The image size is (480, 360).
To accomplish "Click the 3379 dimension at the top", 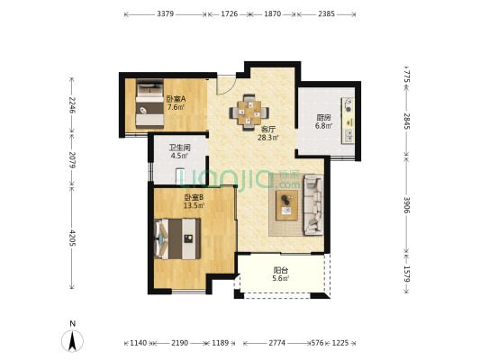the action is point(166,13).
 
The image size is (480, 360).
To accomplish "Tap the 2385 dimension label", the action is point(326,13).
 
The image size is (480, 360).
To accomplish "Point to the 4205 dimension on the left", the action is point(72,238).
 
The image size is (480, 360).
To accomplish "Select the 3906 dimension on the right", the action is point(406,204).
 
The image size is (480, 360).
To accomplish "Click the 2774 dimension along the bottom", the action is point(277,343).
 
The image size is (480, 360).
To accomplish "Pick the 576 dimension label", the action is point(317,343).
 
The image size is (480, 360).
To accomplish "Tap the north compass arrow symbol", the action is point(72,341).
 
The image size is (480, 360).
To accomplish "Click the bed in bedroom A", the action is point(149,103).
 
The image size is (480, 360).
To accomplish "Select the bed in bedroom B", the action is point(177,238).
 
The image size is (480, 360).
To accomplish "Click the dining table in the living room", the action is point(249,112).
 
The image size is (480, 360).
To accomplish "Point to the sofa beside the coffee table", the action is point(313,204).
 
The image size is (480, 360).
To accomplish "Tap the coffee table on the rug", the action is point(287,205).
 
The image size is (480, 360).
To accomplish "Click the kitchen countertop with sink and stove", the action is point(348,121).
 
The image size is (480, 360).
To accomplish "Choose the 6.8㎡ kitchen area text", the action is point(324,125).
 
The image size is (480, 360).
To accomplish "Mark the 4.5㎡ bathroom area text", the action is point(180,156).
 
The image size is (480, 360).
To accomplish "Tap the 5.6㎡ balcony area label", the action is point(281,278).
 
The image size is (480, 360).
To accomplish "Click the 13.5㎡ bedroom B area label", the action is point(195,205).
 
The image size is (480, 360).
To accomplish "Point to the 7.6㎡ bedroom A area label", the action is point(176,107).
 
